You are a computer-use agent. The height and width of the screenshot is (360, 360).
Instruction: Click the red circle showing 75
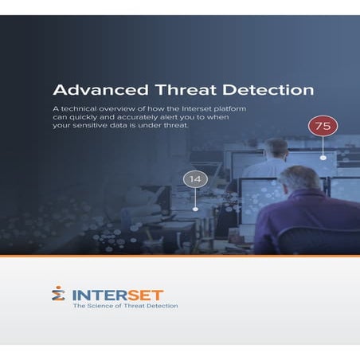[x=323, y=126]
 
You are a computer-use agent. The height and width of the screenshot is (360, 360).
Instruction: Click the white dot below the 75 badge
[x=323, y=158]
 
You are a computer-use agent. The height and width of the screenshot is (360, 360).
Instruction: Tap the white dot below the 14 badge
[x=195, y=209]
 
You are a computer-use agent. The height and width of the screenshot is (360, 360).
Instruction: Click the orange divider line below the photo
[x=180, y=256]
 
